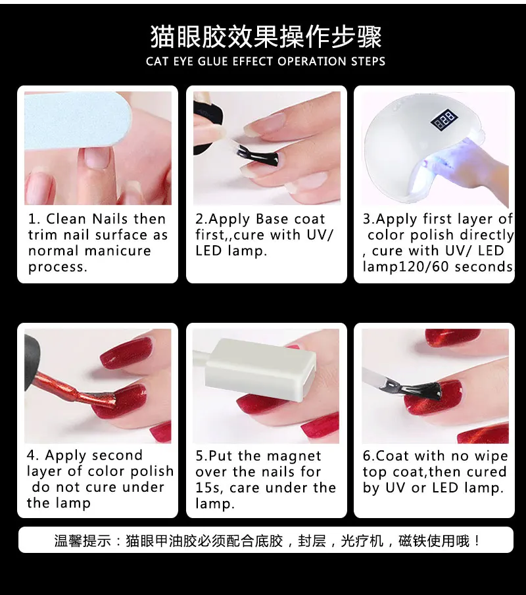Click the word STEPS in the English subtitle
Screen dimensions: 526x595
click(368, 62)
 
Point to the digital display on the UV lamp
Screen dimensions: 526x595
click(443, 119)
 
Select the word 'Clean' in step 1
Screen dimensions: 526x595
click(66, 219)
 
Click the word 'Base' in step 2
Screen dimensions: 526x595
click(272, 219)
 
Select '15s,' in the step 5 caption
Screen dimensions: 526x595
click(208, 488)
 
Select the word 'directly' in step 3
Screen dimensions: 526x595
click(487, 235)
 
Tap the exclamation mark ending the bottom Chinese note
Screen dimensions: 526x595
click(477, 540)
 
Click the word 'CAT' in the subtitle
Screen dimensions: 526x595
click(157, 62)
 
